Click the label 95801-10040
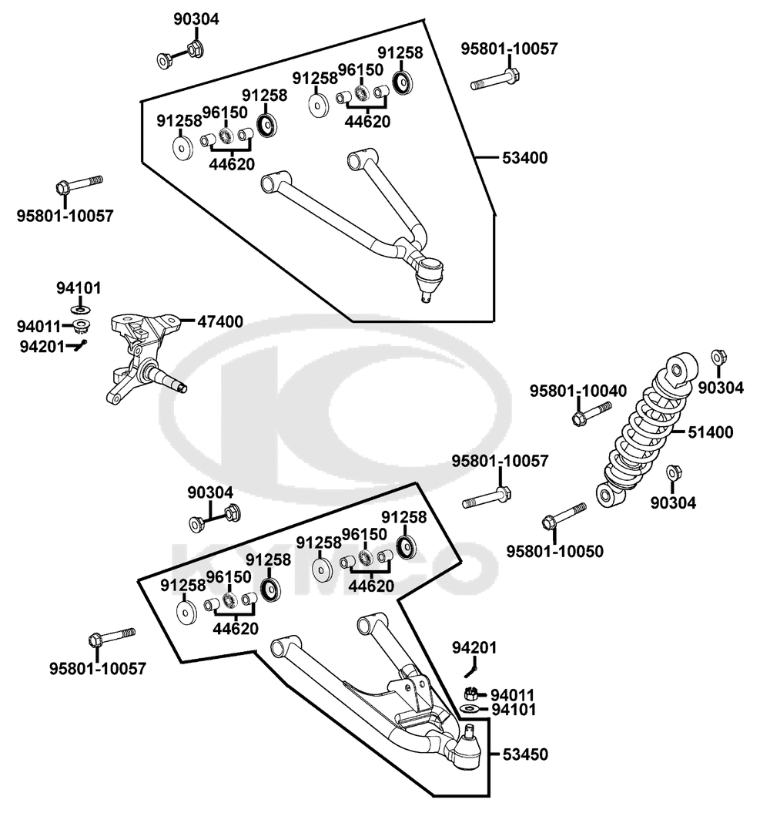577,391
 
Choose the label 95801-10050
554,551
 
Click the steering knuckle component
142,354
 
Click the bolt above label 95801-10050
564,516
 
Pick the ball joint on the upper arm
428,274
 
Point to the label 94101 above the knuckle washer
78,288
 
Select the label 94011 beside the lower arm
514,694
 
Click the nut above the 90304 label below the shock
672,472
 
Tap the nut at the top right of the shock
718,358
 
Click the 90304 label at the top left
195,19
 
